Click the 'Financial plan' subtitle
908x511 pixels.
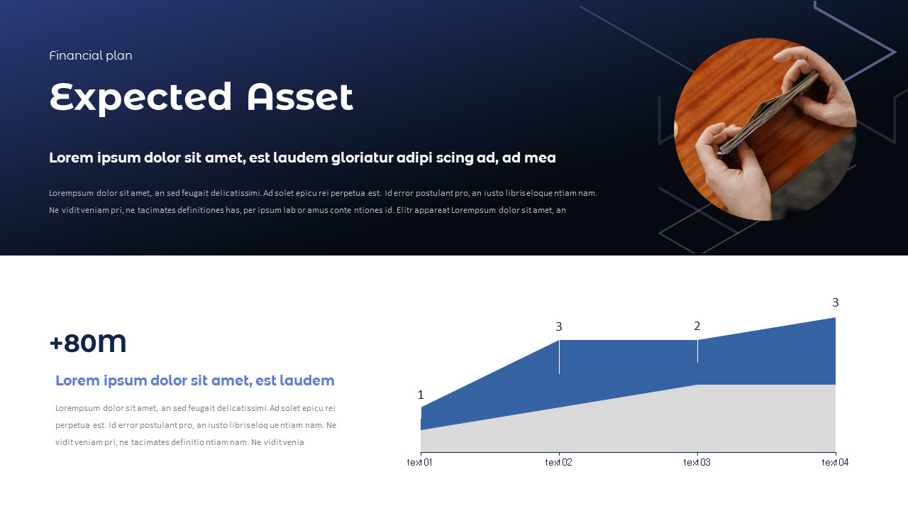click(91, 55)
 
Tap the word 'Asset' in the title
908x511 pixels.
click(299, 97)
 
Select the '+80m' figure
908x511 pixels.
click(88, 343)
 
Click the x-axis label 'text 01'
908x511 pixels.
click(419, 463)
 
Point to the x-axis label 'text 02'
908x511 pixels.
click(558, 463)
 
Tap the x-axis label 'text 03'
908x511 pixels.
click(697, 463)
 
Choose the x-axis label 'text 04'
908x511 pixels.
click(835, 463)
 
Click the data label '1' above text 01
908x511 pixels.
click(421, 395)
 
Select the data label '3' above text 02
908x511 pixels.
click(559, 327)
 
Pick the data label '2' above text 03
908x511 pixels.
click(697, 326)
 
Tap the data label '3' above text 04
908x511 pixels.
click(835, 303)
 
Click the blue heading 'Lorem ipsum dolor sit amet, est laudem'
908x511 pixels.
click(195, 380)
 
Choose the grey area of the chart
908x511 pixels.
click(638, 422)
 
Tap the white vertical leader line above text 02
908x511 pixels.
click(559, 357)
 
